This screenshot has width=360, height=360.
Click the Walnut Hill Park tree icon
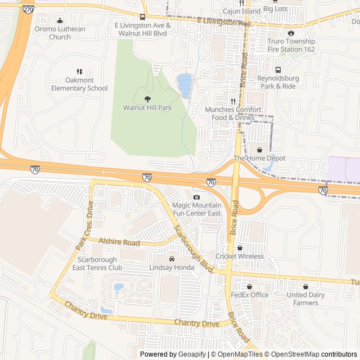[x=147, y=99]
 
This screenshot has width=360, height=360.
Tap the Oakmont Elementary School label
[x=79, y=84]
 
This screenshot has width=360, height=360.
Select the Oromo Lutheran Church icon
[x=60, y=21]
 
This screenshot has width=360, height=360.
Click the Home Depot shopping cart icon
[x=259, y=150]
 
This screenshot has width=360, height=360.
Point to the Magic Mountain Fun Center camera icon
[x=196, y=197]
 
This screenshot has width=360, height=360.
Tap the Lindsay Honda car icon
[x=172, y=259]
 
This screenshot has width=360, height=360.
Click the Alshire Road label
[x=119, y=242]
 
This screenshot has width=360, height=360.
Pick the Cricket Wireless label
[x=244, y=256]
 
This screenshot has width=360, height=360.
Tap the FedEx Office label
[x=250, y=295]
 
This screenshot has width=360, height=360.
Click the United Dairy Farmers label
[x=305, y=299]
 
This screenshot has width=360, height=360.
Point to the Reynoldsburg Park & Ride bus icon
[x=278, y=70]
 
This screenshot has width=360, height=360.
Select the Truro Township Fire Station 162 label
[x=292, y=45]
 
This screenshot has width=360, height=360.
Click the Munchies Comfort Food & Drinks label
[x=236, y=114]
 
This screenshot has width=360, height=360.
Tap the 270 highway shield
[x=28, y=10]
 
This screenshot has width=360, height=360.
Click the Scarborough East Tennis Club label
[x=97, y=263]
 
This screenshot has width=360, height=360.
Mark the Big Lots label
[x=275, y=10]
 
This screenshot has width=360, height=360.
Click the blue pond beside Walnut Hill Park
[x=184, y=85]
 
